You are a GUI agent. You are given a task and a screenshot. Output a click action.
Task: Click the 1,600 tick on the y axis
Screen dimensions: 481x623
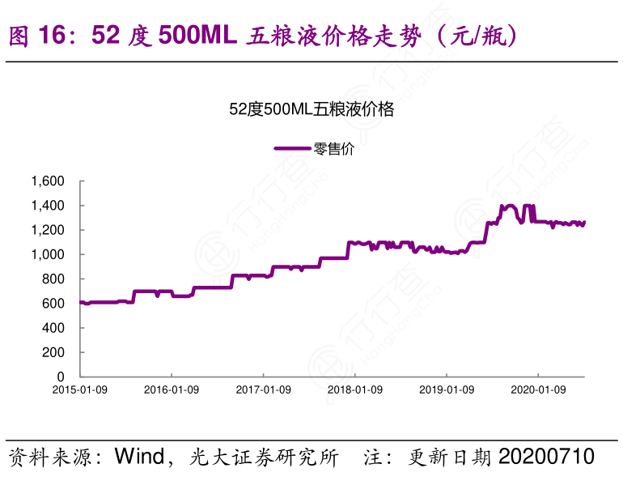(x=48, y=181)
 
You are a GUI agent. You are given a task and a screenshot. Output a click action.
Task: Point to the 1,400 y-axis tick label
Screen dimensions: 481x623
(x=48, y=206)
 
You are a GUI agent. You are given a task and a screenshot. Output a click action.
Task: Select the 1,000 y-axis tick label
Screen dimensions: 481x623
(x=48, y=254)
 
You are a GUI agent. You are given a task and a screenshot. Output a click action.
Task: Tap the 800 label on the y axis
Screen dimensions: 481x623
(x=54, y=279)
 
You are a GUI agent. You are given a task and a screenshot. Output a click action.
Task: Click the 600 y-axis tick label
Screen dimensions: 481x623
(x=54, y=304)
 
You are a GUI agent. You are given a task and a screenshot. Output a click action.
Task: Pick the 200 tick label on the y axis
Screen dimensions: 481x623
(x=54, y=352)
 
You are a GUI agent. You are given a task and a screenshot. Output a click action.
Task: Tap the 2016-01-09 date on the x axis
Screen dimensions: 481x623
(x=172, y=390)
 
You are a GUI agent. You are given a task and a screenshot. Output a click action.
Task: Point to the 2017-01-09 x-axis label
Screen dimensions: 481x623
(x=263, y=390)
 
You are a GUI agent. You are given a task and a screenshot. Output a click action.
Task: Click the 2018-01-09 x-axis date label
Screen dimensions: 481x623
(x=355, y=390)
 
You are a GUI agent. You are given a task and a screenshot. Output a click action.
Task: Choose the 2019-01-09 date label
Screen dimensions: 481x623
(x=447, y=390)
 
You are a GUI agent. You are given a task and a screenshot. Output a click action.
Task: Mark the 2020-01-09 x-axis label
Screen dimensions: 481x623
(x=539, y=390)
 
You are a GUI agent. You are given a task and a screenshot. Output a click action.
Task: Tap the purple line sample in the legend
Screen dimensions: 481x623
(x=292, y=148)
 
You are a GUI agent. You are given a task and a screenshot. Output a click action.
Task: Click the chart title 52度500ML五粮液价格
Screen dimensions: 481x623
(x=311, y=110)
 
